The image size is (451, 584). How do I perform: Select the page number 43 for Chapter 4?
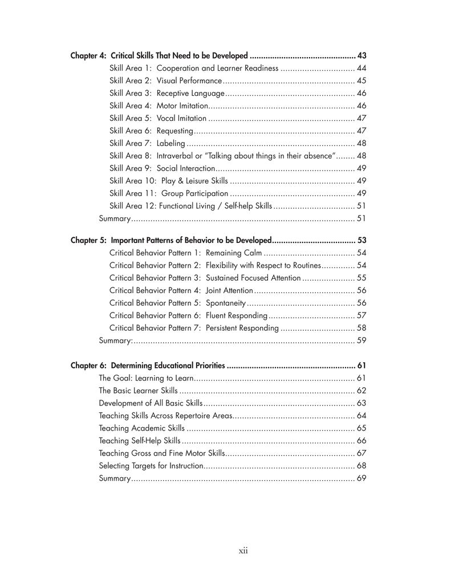coord(361,56)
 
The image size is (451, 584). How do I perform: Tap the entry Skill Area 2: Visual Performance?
coord(165,81)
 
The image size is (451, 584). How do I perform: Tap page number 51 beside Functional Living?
coord(361,206)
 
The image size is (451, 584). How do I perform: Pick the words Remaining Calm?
coord(234,253)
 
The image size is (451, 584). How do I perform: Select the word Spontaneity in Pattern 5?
coord(226,303)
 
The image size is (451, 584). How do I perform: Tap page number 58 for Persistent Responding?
coord(361,328)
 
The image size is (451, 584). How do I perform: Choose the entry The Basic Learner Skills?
coord(138,391)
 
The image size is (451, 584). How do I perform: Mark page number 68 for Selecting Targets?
coord(361,466)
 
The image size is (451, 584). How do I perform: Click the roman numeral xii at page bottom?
coord(243,551)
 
